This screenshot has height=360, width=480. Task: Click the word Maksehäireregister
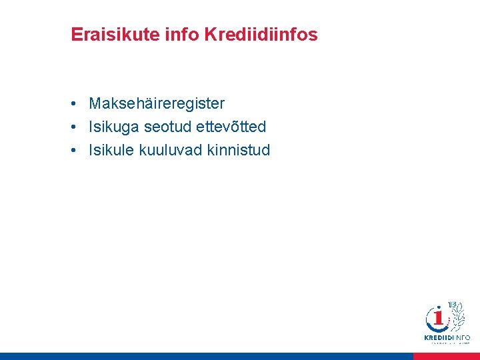157,104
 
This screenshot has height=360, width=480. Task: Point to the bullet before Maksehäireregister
77,104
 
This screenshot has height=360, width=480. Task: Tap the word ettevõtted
231,127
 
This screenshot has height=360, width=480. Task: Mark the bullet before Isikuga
77,127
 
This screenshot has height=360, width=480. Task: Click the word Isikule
112,150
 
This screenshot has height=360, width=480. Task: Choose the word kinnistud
238,150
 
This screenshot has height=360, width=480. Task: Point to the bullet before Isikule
77,150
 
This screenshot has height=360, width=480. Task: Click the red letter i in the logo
439,319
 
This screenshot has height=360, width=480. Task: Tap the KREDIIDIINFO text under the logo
447,338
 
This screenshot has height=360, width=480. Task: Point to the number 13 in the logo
452,305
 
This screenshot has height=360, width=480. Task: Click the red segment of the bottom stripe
446,357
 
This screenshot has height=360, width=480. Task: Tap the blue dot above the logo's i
438,309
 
